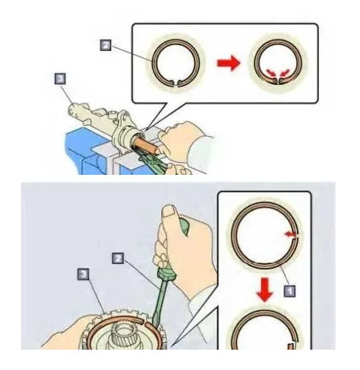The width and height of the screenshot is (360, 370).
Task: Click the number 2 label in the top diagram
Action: point(106,45)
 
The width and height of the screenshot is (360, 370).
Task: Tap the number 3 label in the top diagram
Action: point(60,79)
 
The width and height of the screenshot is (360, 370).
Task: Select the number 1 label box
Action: point(289,291)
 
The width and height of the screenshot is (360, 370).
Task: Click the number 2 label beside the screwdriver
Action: point(118,258)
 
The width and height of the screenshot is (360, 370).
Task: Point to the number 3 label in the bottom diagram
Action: point(83,275)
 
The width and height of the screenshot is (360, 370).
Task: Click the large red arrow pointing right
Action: point(229,63)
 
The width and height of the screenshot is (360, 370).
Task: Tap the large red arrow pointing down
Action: point(265,290)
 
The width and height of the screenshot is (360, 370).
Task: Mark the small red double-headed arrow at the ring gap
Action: point(291,234)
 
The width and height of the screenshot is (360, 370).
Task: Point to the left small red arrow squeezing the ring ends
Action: point(271,73)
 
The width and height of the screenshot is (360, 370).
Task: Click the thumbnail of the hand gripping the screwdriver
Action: point(169,212)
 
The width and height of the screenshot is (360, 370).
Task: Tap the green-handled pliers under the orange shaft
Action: point(153,158)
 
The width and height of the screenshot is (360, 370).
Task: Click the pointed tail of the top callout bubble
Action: point(148,129)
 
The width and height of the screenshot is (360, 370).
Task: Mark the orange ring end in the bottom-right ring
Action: point(291,346)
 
